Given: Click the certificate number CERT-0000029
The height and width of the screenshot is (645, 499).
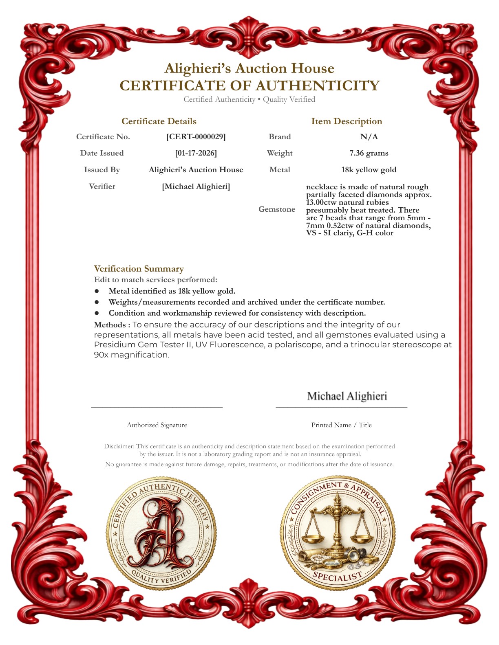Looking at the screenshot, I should [196, 137].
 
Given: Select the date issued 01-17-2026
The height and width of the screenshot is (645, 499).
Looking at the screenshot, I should [196, 153].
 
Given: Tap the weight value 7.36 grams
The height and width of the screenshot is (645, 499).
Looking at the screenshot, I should [369, 153].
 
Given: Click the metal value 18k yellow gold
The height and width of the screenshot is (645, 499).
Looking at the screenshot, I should [369, 170].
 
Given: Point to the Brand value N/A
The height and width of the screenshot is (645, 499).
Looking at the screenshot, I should [369, 137].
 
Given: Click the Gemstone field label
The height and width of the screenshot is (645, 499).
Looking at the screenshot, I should [277, 209].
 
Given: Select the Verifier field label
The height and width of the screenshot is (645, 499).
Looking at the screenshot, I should [102, 186].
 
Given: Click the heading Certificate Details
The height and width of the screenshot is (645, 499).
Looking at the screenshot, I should [159, 121].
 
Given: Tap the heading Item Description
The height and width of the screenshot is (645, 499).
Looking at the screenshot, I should [347, 121].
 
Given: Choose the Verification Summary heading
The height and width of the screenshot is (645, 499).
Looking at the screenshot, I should [139, 269].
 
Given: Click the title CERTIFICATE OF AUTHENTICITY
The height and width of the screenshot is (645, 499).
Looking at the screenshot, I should [249, 86].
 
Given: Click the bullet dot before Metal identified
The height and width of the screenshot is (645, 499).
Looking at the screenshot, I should [97, 291].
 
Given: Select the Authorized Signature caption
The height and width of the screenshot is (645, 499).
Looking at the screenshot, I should [157, 425].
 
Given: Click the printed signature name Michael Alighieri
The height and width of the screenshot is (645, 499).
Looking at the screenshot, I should [347, 396].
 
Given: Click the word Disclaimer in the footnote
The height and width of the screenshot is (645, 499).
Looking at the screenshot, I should [119, 446].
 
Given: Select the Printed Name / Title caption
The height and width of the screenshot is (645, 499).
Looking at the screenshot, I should [342, 425].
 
